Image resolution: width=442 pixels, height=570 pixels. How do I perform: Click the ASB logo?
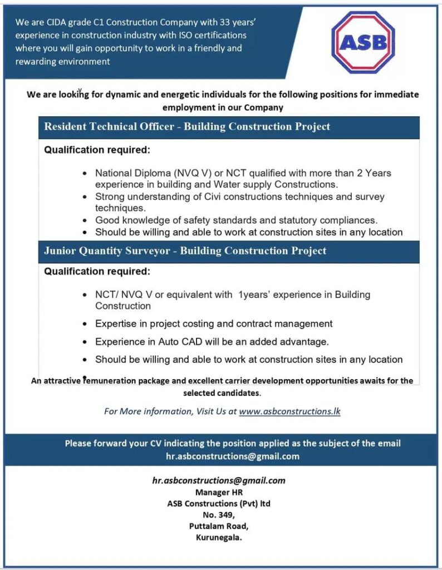click(362, 42)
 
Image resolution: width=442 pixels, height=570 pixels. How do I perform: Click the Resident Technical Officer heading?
click(187, 126)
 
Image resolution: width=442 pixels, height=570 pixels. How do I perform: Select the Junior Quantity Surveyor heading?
click(185, 250)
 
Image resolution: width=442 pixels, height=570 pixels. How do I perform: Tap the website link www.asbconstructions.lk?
click(289, 412)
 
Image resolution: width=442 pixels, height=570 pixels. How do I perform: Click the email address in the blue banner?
click(233, 456)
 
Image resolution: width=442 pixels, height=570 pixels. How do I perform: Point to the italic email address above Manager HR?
click(219, 480)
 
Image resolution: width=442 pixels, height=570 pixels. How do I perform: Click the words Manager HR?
click(219, 492)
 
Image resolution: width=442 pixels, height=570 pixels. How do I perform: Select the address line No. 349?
click(219, 515)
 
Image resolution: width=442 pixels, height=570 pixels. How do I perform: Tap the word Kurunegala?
click(219, 538)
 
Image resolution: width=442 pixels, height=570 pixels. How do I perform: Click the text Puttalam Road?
click(219, 526)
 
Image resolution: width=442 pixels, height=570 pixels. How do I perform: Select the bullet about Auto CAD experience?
click(212, 341)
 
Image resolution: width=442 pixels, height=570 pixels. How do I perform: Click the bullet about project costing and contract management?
click(214, 323)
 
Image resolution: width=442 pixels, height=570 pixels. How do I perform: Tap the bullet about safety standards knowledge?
click(236, 220)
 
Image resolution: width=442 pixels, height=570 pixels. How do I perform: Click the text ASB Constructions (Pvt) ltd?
click(219, 503)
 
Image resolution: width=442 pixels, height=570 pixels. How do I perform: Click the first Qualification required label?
click(97, 150)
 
